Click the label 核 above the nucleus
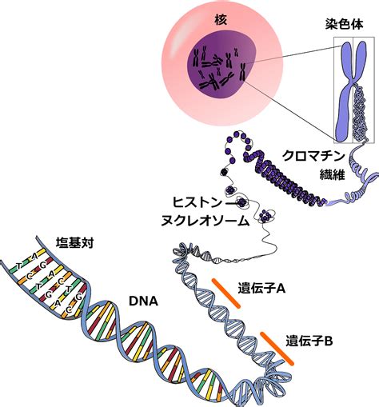tap(221, 20)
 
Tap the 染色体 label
tap(344, 24)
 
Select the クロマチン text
tap(313, 156)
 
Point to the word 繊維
tap(333, 174)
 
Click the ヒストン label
tap(197, 202)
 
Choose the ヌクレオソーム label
tap(205, 221)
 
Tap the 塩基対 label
tap(74, 243)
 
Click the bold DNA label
tap(143, 301)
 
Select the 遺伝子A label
tap(261, 289)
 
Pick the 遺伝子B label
tap(309, 341)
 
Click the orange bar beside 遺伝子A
tap(226, 293)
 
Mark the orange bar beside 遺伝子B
tap(277, 349)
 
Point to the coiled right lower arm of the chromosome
tap(361, 112)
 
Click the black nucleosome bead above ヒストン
tap(224, 172)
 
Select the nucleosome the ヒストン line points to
tap(242, 202)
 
